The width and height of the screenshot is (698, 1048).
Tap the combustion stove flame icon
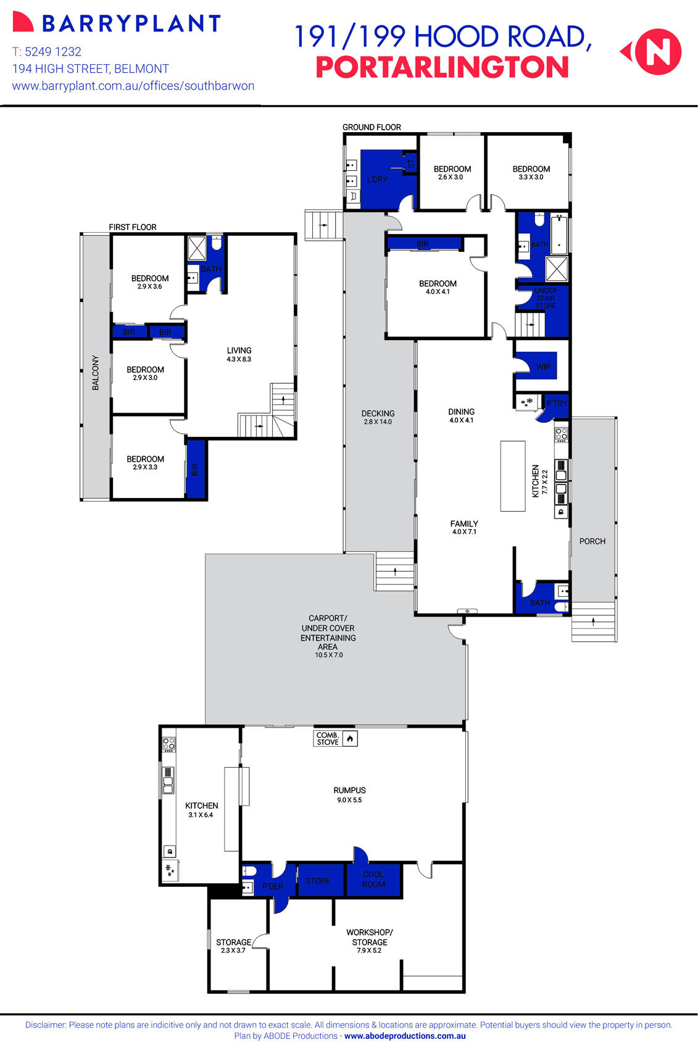[350, 738]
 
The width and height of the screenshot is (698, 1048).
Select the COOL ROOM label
[373, 880]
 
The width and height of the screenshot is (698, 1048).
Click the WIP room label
[543, 367]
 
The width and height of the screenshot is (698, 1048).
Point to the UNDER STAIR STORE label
[546, 298]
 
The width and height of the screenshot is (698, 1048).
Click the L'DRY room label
[377, 180]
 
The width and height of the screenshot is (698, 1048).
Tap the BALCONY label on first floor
[96, 372]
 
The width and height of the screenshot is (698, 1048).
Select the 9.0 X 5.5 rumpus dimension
[349, 800]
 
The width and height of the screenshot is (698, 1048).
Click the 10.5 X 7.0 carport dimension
[328, 655]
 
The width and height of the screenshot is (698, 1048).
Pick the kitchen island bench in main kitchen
[512, 476]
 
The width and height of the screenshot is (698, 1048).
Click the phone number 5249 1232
[53, 52]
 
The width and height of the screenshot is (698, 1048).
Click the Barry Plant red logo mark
[22, 22]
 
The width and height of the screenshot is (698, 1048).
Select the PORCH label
[592, 541]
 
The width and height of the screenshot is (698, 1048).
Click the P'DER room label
[273, 886]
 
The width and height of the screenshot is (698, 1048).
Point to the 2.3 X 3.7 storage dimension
[233, 950]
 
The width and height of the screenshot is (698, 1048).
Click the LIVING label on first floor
[239, 350]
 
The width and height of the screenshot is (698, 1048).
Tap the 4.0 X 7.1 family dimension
[464, 531]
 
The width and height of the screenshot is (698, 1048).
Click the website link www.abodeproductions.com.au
[405, 1036]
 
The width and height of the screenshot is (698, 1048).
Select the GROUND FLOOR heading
[372, 127]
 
